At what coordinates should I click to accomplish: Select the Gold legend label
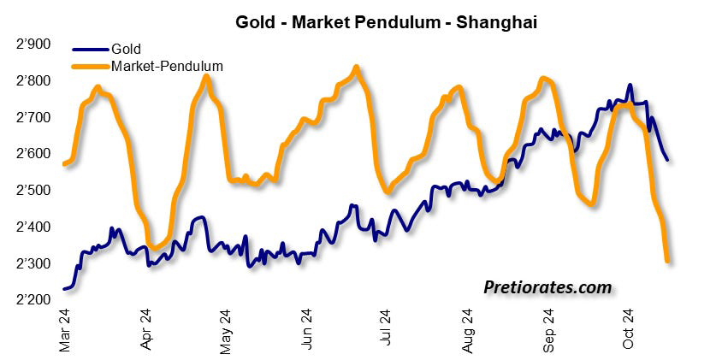click(126, 49)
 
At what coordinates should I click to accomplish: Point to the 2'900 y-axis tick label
click(33, 44)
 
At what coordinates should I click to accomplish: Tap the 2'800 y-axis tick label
click(33, 81)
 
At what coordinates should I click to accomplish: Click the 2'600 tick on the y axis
click(33, 154)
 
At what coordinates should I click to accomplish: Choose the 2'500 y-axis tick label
click(33, 191)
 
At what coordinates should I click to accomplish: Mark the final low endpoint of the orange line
click(667, 261)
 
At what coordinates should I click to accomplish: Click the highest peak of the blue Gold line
click(630, 86)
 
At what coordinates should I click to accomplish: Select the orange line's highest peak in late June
click(356, 67)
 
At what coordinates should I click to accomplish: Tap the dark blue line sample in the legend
click(90, 49)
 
